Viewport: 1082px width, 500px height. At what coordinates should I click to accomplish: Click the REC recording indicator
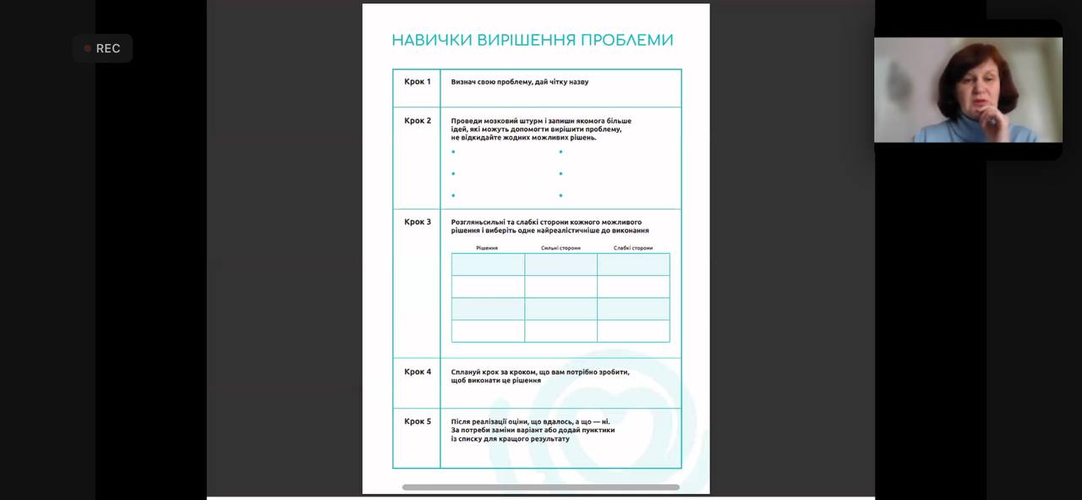coord(102,48)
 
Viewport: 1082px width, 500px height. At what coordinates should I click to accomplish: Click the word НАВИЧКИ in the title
coord(432,40)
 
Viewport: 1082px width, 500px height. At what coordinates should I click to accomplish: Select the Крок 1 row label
coord(417,82)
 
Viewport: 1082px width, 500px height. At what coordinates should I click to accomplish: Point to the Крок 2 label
coord(417,121)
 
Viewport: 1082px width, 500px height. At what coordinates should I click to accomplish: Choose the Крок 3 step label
coord(417,223)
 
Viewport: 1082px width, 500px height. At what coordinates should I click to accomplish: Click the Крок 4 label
coord(417,372)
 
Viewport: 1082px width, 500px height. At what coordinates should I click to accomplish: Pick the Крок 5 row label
coord(417,421)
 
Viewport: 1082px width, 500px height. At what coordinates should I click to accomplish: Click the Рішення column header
coord(487,248)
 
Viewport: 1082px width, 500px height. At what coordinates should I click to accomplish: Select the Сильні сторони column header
coord(560,248)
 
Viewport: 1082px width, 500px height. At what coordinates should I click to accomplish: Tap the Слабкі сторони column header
coord(633,248)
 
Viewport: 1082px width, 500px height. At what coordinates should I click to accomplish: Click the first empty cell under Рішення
coord(488,265)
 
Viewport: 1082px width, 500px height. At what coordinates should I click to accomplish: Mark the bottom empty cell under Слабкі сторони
coord(633,331)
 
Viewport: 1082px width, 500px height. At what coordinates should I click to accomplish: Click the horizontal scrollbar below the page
coord(541,487)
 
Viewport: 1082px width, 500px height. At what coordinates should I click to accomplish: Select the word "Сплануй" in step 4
coord(467,372)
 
